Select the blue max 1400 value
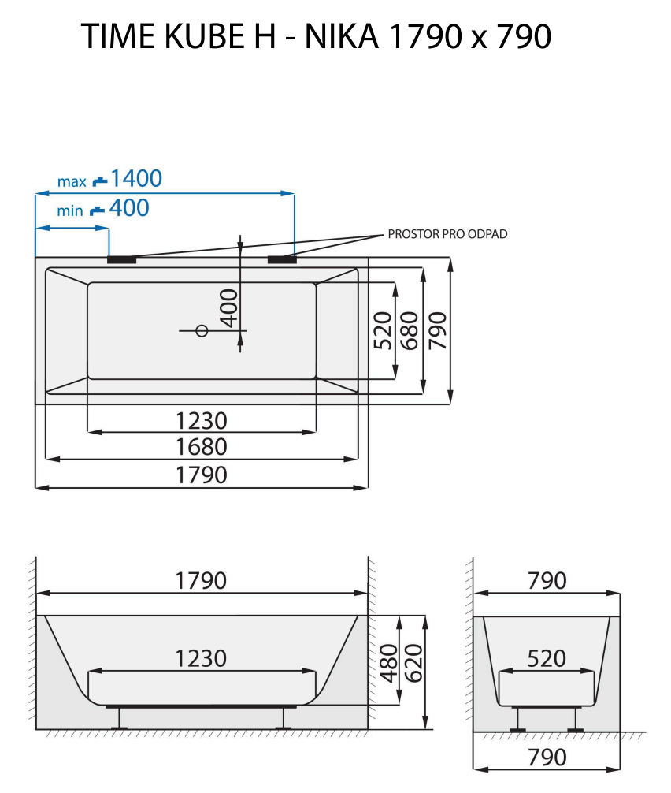[135, 179]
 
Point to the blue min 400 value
[128, 209]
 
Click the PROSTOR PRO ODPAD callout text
[447, 234]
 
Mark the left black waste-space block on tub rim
[121, 259]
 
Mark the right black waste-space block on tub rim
[281, 259]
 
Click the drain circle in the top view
[202, 331]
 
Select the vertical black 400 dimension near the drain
[228, 307]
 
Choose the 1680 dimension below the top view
[202, 447]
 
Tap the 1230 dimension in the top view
[202, 420]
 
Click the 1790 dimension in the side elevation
[202, 581]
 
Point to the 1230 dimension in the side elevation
[202, 658]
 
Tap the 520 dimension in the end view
[547, 658]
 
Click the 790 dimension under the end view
[547, 758]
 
